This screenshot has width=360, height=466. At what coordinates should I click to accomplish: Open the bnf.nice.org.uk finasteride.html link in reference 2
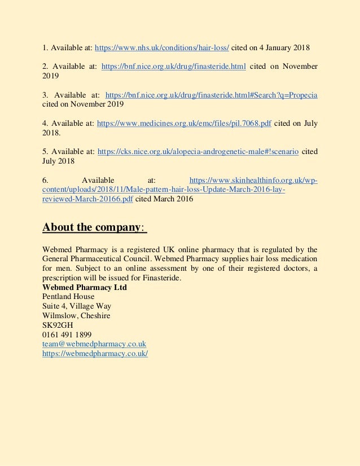tap(173, 67)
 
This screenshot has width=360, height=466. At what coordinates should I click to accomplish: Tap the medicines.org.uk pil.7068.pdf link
tap(184, 123)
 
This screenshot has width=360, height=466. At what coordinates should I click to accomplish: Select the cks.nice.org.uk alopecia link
tap(198, 151)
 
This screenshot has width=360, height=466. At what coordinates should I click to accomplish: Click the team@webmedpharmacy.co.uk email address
tap(94, 344)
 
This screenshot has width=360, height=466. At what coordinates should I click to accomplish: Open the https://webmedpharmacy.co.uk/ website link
tap(95, 353)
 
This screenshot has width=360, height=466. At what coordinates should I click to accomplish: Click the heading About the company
tap(94, 227)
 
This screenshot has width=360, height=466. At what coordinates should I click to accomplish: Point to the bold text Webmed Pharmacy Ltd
tap(85, 287)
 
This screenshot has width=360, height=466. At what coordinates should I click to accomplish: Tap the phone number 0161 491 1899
tap(67, 335)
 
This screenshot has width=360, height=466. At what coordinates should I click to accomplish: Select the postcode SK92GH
tap(58, 325)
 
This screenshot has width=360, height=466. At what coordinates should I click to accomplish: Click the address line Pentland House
tap(68, 296)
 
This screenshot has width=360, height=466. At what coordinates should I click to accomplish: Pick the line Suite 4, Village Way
tap(77, 306)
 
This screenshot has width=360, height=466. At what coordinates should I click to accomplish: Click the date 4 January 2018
tap(277, 47)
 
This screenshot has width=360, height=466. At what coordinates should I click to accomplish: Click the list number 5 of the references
tap(45, 151)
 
